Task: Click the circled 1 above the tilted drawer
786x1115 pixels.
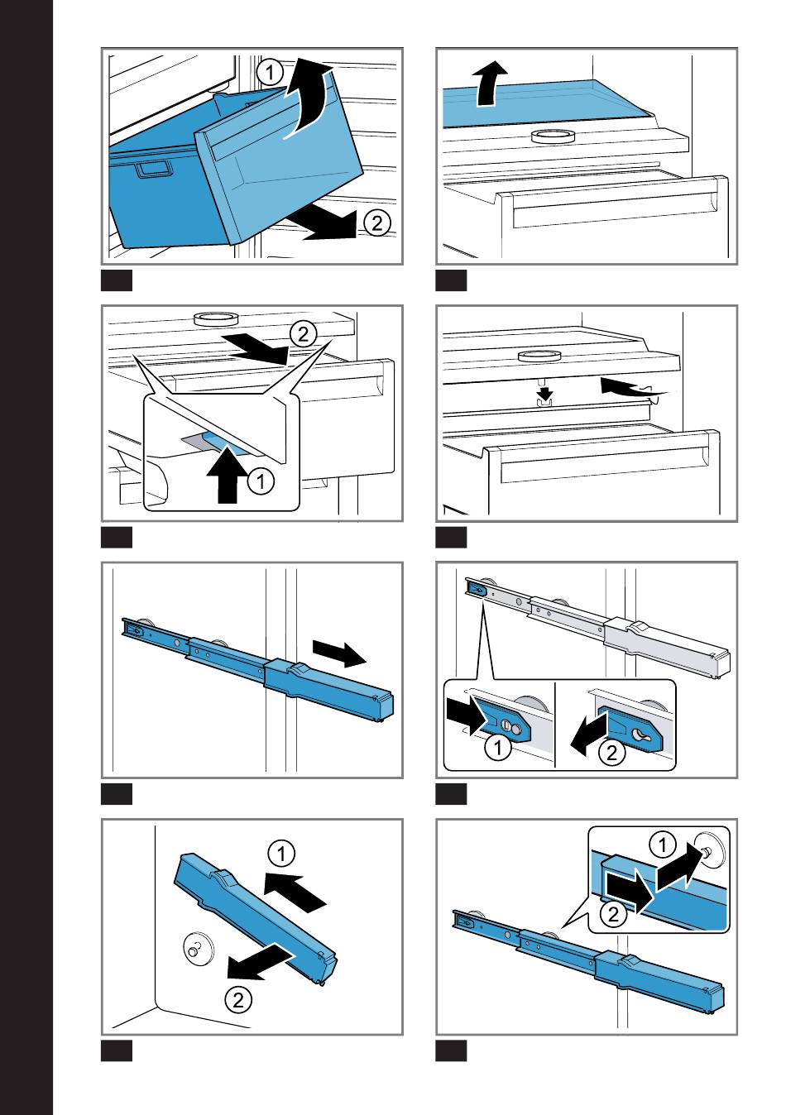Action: click(270, 73)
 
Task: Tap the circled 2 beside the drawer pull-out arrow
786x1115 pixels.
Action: click(377, 223)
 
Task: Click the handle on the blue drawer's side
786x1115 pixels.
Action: click(155, 170)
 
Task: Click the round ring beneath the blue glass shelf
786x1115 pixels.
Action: click(553, 136)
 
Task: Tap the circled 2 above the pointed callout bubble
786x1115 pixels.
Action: click(303, 335)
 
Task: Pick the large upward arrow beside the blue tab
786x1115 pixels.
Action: click(228, 475)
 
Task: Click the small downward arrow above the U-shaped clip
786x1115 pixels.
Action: click(547, 393)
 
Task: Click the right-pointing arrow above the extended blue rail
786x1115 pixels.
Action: click(339, 653)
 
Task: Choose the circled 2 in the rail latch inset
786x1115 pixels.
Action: click(611, 752)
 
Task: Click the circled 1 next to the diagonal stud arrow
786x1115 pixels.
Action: click(663, 845)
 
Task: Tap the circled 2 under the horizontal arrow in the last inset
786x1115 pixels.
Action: click(614, 913)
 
